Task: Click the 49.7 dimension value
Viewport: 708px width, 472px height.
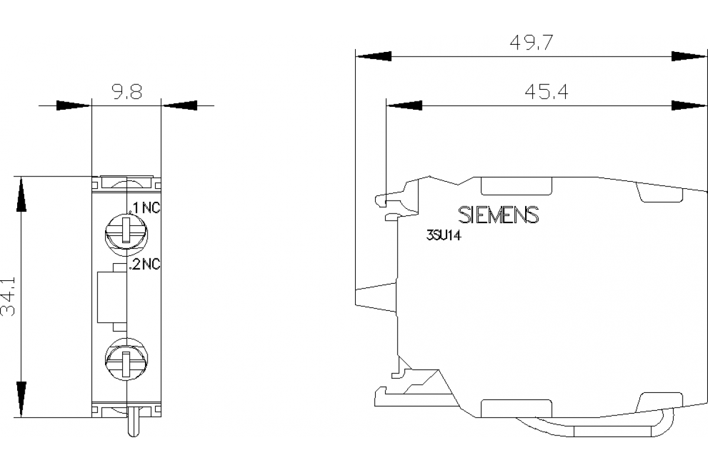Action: (x=530, y=43)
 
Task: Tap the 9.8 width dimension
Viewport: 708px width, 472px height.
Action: (x=126, y=93)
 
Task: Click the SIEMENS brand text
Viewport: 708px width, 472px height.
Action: (x=499, y=215)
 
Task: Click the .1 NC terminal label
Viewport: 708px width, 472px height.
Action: (x=145, y=208)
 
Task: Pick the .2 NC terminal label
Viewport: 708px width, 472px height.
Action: (x=145, y=265)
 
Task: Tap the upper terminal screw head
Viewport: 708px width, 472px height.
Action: (x=126, y=232)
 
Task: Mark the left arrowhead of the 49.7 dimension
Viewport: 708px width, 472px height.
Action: (x=373, y=57)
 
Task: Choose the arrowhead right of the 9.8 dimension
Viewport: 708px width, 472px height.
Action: (x=179, y=106)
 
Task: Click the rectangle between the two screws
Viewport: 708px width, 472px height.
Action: (x=112, y=297)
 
